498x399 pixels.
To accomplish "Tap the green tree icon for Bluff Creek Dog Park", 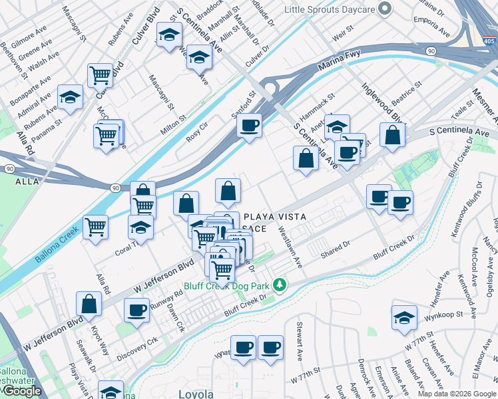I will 280,285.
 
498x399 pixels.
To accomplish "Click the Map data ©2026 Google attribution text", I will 457,394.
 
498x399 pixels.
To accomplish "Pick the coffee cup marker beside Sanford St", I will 249,126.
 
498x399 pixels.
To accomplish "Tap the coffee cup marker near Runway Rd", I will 137,310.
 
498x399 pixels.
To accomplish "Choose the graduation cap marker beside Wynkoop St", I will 404,318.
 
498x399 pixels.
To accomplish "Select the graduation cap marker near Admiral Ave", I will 69,98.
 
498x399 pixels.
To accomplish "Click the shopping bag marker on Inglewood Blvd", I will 393,135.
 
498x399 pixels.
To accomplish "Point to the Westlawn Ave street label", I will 291,245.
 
